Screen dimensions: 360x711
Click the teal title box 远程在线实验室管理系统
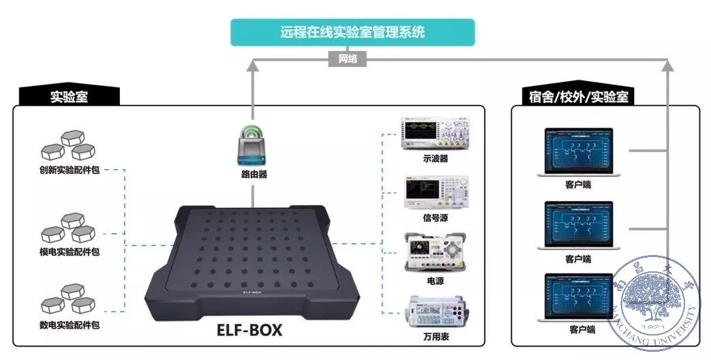(352, 32)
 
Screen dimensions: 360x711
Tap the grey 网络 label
(347, 59)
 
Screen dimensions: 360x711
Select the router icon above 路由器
(254, 147)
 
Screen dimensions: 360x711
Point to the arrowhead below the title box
(253, 65)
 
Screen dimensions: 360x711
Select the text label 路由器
(254, 175)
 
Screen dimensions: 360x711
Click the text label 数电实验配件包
(70, 325)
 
